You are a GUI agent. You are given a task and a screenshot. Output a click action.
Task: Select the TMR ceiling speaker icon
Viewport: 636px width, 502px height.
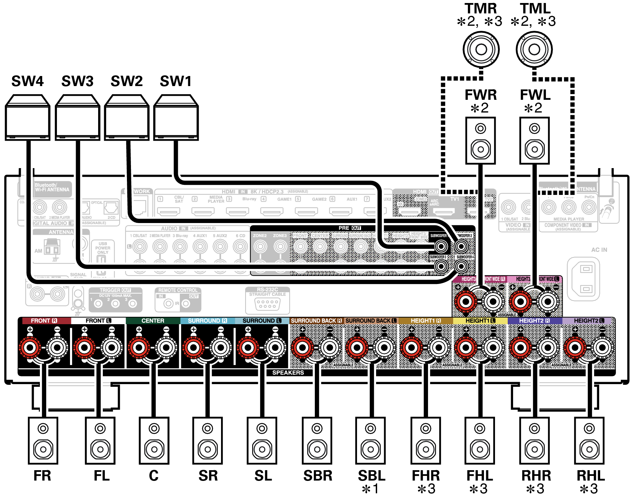(481, 50)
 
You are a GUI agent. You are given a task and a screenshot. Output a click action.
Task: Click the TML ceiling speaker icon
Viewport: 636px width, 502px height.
(534, 50)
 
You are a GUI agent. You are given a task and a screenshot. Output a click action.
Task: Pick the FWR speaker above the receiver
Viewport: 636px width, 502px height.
(480, 141)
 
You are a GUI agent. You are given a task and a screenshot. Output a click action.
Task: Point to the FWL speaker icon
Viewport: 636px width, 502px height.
(534, 141)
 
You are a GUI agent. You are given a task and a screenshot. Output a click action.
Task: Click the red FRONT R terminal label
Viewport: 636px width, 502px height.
(44, 320)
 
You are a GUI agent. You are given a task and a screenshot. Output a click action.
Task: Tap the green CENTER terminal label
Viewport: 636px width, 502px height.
(153, 320)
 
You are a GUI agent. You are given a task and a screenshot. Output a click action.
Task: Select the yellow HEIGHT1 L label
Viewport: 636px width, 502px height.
(480, 320)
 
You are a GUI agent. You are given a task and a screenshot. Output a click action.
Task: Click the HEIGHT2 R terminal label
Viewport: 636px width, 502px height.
(534, 320)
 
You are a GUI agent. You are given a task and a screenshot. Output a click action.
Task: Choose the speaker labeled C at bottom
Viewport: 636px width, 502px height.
(154, 440)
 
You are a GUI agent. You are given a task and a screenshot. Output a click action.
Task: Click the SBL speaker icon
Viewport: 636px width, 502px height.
(370, 440)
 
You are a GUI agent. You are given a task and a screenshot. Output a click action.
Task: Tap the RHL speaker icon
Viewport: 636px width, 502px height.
(589, 440)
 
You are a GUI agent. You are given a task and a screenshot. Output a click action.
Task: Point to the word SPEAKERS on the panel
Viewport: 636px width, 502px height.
(288, 373)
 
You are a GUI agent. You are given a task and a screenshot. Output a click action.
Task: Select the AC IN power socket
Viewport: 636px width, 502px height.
(583, 279)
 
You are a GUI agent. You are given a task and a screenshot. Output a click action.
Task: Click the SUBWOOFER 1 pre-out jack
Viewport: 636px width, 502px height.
(441, 247)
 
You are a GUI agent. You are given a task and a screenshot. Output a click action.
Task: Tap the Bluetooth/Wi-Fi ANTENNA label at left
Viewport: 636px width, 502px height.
(52, 188)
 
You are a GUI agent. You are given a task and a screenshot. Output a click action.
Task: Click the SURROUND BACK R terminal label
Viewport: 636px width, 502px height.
(316, 320)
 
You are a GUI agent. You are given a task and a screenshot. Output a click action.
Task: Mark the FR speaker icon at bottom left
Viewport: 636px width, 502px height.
(43, 440)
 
